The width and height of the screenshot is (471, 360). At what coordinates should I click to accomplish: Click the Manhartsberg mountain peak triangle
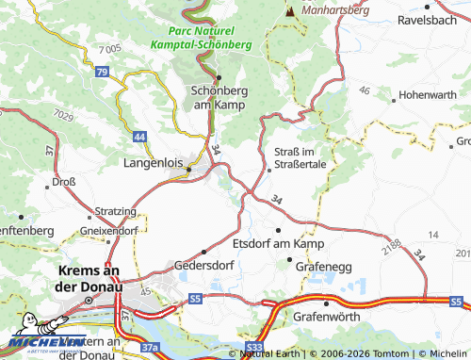pyautogui.click(x=289, y=12)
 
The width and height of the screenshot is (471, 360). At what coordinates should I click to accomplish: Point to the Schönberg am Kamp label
pyautogui.click(x=218, y=96)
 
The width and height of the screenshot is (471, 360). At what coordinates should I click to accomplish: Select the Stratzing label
pyautogui.click(x=115, y=211)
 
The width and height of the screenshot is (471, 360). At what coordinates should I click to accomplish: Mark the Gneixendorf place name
pyautogui.click(x=110, y=229)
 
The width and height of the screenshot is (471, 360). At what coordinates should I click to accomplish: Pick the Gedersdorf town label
pyautogui.click(x=203, y=266)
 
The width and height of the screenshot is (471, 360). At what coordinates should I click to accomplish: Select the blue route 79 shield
pyautogui.click(x=101, y=72)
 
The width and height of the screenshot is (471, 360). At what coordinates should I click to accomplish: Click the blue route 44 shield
pyautogui.click(x=139, y=138)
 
